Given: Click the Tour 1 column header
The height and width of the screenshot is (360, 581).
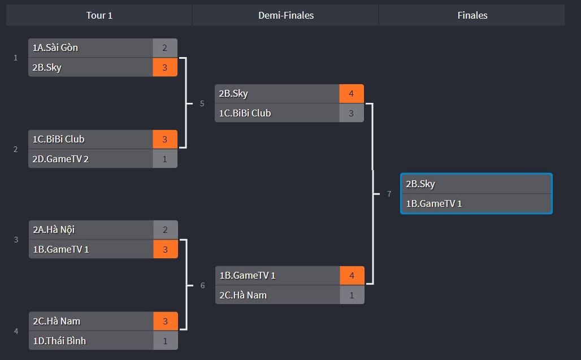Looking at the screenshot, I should point(99,15).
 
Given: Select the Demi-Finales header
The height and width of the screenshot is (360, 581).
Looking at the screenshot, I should point(286,15).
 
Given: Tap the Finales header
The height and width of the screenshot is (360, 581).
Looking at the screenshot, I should point(472,15).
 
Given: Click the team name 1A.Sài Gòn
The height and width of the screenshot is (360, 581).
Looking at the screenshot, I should point(55,48).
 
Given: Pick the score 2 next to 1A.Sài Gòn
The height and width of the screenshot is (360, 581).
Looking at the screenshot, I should point(164,48).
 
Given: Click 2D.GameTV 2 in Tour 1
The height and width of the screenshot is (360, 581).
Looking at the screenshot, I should point(60,159).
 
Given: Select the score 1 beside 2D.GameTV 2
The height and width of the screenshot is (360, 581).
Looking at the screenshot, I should point(165,159).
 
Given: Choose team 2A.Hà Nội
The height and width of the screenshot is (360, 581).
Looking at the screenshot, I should point(54,230).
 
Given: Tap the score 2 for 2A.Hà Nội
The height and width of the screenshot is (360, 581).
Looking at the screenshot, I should point(165,230).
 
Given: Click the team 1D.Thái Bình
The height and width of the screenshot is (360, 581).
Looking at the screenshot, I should point(59,341).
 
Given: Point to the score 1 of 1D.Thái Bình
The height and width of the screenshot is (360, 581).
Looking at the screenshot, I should point(165,341).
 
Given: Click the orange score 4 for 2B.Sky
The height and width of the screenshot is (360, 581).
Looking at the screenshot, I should point(351,94).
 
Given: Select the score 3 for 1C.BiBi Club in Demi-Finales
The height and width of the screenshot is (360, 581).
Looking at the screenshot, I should point(351,113).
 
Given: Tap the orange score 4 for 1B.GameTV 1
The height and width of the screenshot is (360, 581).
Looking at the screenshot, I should point(352,276).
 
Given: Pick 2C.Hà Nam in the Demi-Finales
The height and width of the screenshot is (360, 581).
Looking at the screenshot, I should point(243,295).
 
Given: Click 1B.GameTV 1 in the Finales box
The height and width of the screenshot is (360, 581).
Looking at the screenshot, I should point(434,203).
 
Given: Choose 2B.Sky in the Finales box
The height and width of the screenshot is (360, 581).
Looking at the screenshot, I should point(420,184).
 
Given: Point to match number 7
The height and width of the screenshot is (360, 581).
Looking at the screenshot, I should point(389,194).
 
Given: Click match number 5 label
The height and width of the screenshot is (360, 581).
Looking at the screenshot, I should point(202,103).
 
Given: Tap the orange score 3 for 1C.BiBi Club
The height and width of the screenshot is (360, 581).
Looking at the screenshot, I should point(165,140).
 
